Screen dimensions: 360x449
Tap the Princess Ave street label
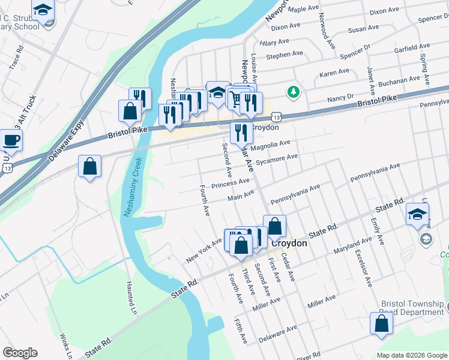pos(230,182)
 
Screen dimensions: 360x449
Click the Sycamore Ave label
pos(277,159)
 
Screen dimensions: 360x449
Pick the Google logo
pos(20,353)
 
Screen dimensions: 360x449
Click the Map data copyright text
pos(412,355)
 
